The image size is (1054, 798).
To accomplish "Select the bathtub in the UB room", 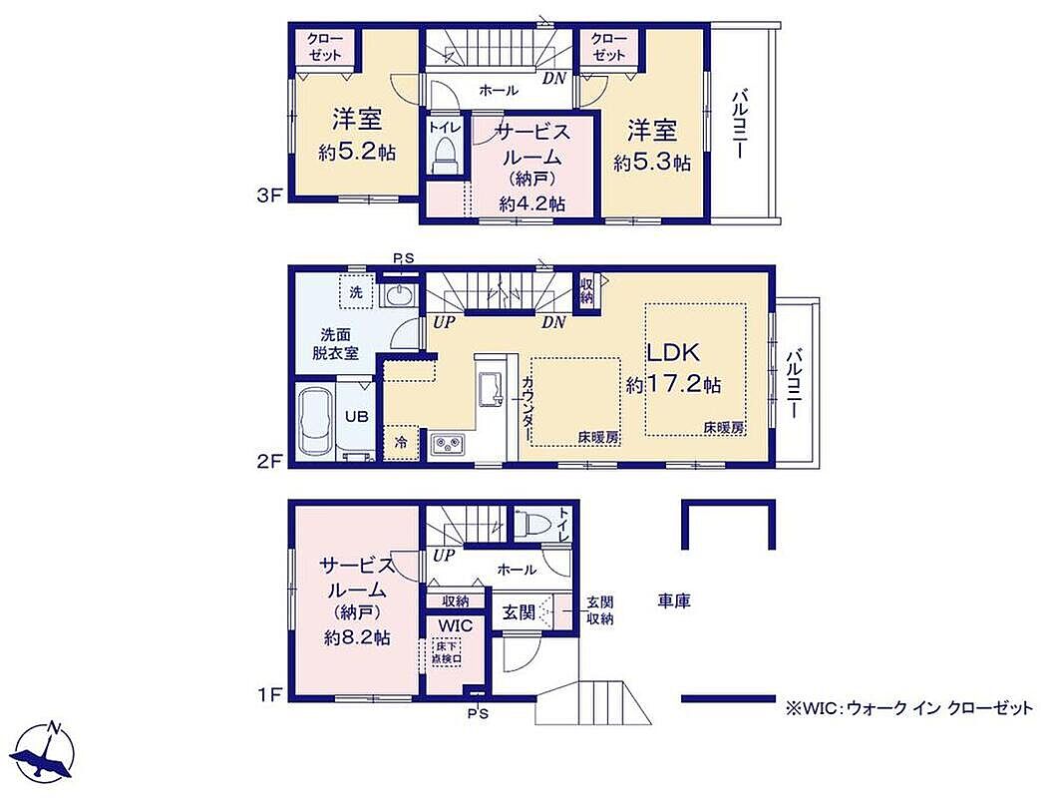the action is click(317, 422).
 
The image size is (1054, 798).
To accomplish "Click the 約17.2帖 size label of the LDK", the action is click(673, 385).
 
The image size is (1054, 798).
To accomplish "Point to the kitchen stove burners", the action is click(449, 445).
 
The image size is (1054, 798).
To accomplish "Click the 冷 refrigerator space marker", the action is click(401, 443).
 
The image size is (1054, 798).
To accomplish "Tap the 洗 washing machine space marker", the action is click(356, 292).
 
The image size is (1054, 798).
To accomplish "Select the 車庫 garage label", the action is click(674, 600).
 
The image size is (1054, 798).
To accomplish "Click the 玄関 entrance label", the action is click(519, 612).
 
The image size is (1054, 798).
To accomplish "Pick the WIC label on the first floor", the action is click(455, 625).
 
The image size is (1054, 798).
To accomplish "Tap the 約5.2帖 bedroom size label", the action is click(356, 152).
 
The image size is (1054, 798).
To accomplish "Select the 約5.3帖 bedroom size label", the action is click(652, 163).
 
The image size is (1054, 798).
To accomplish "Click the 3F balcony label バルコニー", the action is click(740, 125).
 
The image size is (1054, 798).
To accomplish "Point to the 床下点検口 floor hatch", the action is click(447, 651).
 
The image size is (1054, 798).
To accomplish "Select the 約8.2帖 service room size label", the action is click(357, 637).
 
